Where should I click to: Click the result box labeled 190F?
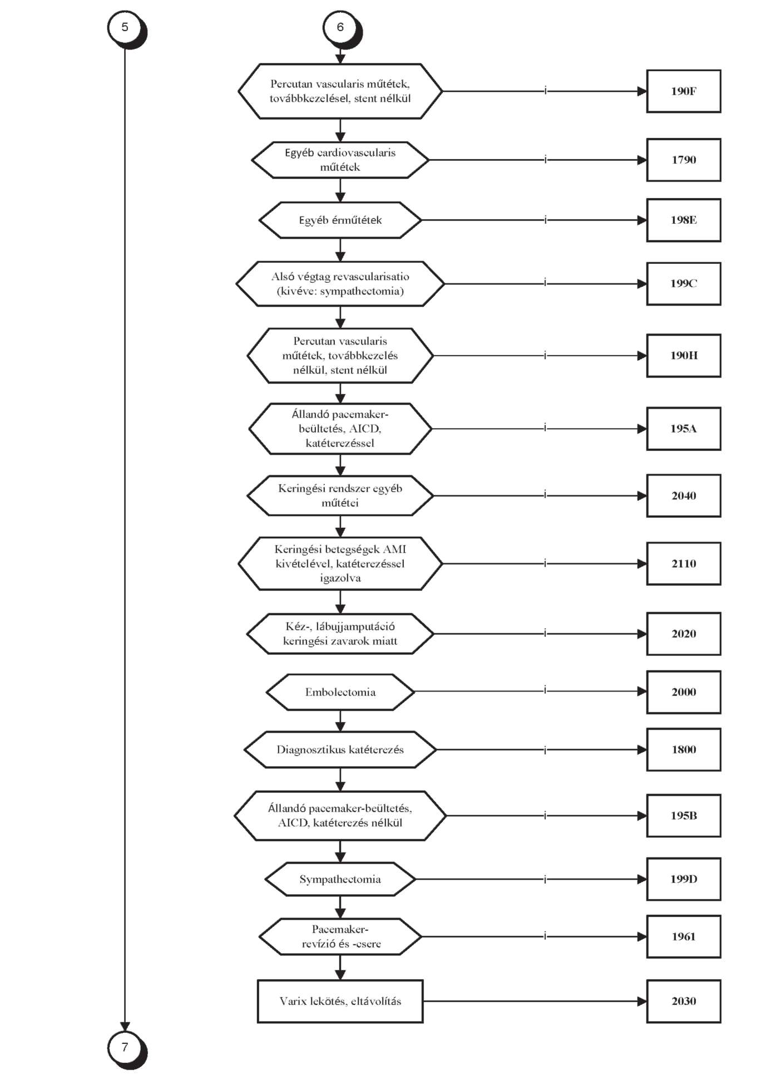point(684,91)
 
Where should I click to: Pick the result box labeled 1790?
point(684,160)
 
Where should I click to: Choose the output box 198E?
point(684,220)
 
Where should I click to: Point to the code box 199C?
point(684,283)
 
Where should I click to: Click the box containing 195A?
point(684,429)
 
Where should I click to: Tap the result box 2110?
point(684,563)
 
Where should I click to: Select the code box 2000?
point(684,692)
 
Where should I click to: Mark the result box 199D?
point(684,879)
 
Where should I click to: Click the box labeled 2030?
point(684,1001)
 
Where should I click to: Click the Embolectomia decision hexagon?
point(340,692)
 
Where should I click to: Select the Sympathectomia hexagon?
point(340,879)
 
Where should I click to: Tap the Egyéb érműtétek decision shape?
point(340,220)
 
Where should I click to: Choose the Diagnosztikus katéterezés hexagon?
point(340,749)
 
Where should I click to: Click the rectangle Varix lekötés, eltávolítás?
point(340,1001)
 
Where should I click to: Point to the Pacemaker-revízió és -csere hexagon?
point(340,936)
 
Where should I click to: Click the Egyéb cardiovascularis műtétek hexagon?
point(340,160)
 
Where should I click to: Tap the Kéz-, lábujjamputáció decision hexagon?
point(340,634)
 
